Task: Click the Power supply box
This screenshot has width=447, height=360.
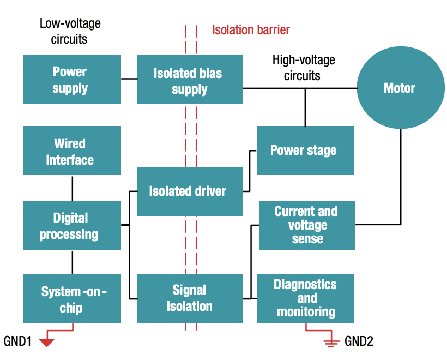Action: tap(72, 79)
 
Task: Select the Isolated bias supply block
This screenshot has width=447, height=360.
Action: tap(189, 79)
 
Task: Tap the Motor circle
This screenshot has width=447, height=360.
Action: tap(400, 88)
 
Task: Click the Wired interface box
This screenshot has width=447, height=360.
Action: tap(72, 151)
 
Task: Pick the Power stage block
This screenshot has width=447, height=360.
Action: tap(305, 151)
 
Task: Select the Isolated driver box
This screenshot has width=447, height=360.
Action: tap(189, 191)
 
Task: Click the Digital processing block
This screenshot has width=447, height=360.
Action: tap(72, 225)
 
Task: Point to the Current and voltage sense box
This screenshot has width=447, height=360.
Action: tap(306, 225)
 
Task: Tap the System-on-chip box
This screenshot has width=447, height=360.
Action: tap(72, 298)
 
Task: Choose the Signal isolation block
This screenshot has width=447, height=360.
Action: tap(189, 298)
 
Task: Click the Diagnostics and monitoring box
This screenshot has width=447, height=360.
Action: tap(305, 298)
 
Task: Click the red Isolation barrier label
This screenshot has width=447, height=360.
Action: tap(251, 29)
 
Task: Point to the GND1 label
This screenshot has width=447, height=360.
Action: tap(18, 342)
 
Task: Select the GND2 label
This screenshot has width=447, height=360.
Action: tap(359, 342)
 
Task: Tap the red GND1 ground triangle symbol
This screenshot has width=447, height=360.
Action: tap(47, 343)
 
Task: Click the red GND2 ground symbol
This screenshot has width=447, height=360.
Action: tap(329, 343)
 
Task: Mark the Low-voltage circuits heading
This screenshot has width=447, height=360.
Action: tap(70, 31)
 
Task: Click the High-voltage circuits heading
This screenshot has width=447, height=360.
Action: tap(303, 67)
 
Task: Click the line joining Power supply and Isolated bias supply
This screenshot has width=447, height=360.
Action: tap(129, 79)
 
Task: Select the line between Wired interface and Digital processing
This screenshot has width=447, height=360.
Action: tap(72, 188)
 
